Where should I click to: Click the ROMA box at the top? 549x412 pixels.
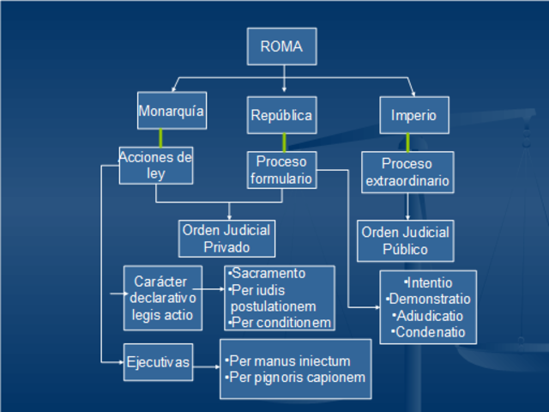(281, 46)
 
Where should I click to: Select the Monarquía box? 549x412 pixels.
(172, 110)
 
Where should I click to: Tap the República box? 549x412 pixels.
(281, 115)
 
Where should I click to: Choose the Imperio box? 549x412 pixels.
(413, 115)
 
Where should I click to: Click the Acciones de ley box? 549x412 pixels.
(155, 165)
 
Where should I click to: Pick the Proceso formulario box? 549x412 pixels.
(281, 169)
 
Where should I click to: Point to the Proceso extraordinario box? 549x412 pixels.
(407, 173)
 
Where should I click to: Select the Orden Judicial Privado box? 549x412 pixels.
(226, 239)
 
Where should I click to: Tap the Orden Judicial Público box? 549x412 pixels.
(405, 241)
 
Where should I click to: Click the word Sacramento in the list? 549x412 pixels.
(268, 274)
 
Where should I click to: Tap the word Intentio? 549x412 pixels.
(429, 282)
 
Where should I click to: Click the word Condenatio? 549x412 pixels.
(429, 332)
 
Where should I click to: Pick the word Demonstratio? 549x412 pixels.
(429, 299)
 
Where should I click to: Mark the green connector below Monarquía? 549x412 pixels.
(160, 137)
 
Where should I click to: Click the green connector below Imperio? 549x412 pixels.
(407, 142)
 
